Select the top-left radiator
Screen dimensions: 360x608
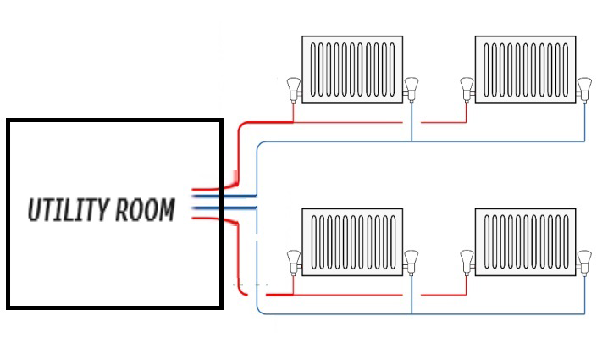pyautogui.click(x=352, y=69)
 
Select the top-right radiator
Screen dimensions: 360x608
pyautogui.click(x=525, y=69)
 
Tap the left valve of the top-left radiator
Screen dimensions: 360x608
pyautogui.click(x=293, y=86)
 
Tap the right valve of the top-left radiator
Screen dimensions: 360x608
pyautogui.click(x=412, y=86)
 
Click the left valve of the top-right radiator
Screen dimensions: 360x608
pyautogui.click(x=466, y=86)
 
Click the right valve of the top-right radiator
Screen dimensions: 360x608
pyautogui.click(x=583, y=86)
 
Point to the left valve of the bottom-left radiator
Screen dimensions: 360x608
pyautogui.click(x=293, y=259)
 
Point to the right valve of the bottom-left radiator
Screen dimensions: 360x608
pyautogui.click(x=412, y=259)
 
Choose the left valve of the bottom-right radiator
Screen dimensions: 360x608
pyautogui.click(x=466, y=259)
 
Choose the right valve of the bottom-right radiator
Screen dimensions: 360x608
pyautogui.click(x=583, y=259)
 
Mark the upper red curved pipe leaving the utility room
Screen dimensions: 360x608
pyautogui.click(x=240, y=148)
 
